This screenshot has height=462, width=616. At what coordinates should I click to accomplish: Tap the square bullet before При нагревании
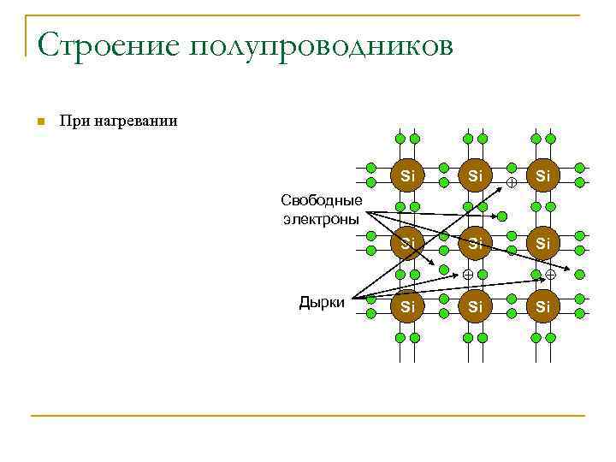(x=39, y=121)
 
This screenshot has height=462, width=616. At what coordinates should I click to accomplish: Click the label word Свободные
(x=321, y=201)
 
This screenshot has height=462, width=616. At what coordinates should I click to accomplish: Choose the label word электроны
(x=321, y=218)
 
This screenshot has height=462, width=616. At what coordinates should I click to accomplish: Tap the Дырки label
(x=322, y=301)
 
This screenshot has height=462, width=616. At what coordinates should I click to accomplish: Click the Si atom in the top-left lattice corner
(x=408, y=175)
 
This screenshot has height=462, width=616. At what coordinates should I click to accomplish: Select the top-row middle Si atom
(x=477, y=175)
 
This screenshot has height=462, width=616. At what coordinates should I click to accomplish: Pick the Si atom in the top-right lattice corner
(x=544, y=175)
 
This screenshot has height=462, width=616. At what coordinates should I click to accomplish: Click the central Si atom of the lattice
(x=477, y=243)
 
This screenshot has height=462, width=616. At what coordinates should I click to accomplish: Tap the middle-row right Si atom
(x=544, y=243)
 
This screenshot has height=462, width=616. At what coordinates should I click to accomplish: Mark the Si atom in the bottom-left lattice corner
(x=408, y=305)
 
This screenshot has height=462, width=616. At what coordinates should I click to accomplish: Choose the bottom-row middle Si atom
(x=477, y=305)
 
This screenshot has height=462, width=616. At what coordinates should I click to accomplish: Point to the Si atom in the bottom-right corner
(x=544, y=305)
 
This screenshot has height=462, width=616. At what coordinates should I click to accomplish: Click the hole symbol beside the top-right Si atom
(x=511, y=183)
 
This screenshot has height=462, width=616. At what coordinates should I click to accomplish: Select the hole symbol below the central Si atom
(x=468, y=275)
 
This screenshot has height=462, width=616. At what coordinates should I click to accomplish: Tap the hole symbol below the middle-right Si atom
(x=550, y=275)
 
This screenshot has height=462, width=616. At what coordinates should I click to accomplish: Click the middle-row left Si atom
(x=408, y=243)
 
